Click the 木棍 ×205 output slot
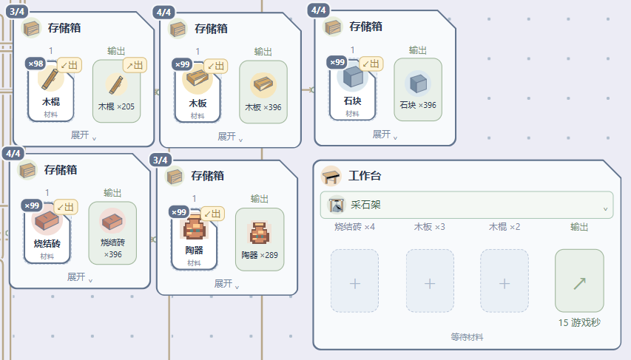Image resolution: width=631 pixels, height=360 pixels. (116, 92)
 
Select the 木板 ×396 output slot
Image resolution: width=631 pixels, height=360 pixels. (263, 92)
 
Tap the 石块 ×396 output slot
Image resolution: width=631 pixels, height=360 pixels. (418, 89)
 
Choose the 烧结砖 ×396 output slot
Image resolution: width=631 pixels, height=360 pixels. (112, 233)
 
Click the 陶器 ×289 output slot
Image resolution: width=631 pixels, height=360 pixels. (260, 240)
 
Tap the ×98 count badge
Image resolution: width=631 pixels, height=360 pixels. (36, 64)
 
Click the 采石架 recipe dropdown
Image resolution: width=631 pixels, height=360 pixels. (467, 206)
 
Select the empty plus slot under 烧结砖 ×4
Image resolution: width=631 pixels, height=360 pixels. (354, 281)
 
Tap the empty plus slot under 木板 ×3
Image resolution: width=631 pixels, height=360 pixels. (430, 281)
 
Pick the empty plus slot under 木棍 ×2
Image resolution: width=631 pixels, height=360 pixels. (505, 281)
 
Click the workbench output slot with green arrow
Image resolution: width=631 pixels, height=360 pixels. (579, 281)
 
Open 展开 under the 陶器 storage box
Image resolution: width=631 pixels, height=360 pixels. (226, 284)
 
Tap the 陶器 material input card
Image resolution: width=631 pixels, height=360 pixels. (194, 239)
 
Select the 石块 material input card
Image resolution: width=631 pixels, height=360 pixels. (353, 89)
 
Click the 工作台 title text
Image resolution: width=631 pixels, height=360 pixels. (365, 176)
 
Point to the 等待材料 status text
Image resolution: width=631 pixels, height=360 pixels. (467, 337)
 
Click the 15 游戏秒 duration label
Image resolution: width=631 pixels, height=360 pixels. (579, 322)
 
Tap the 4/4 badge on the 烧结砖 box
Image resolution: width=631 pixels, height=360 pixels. (13, 153)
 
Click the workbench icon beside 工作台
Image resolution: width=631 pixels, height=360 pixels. (331, 176)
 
